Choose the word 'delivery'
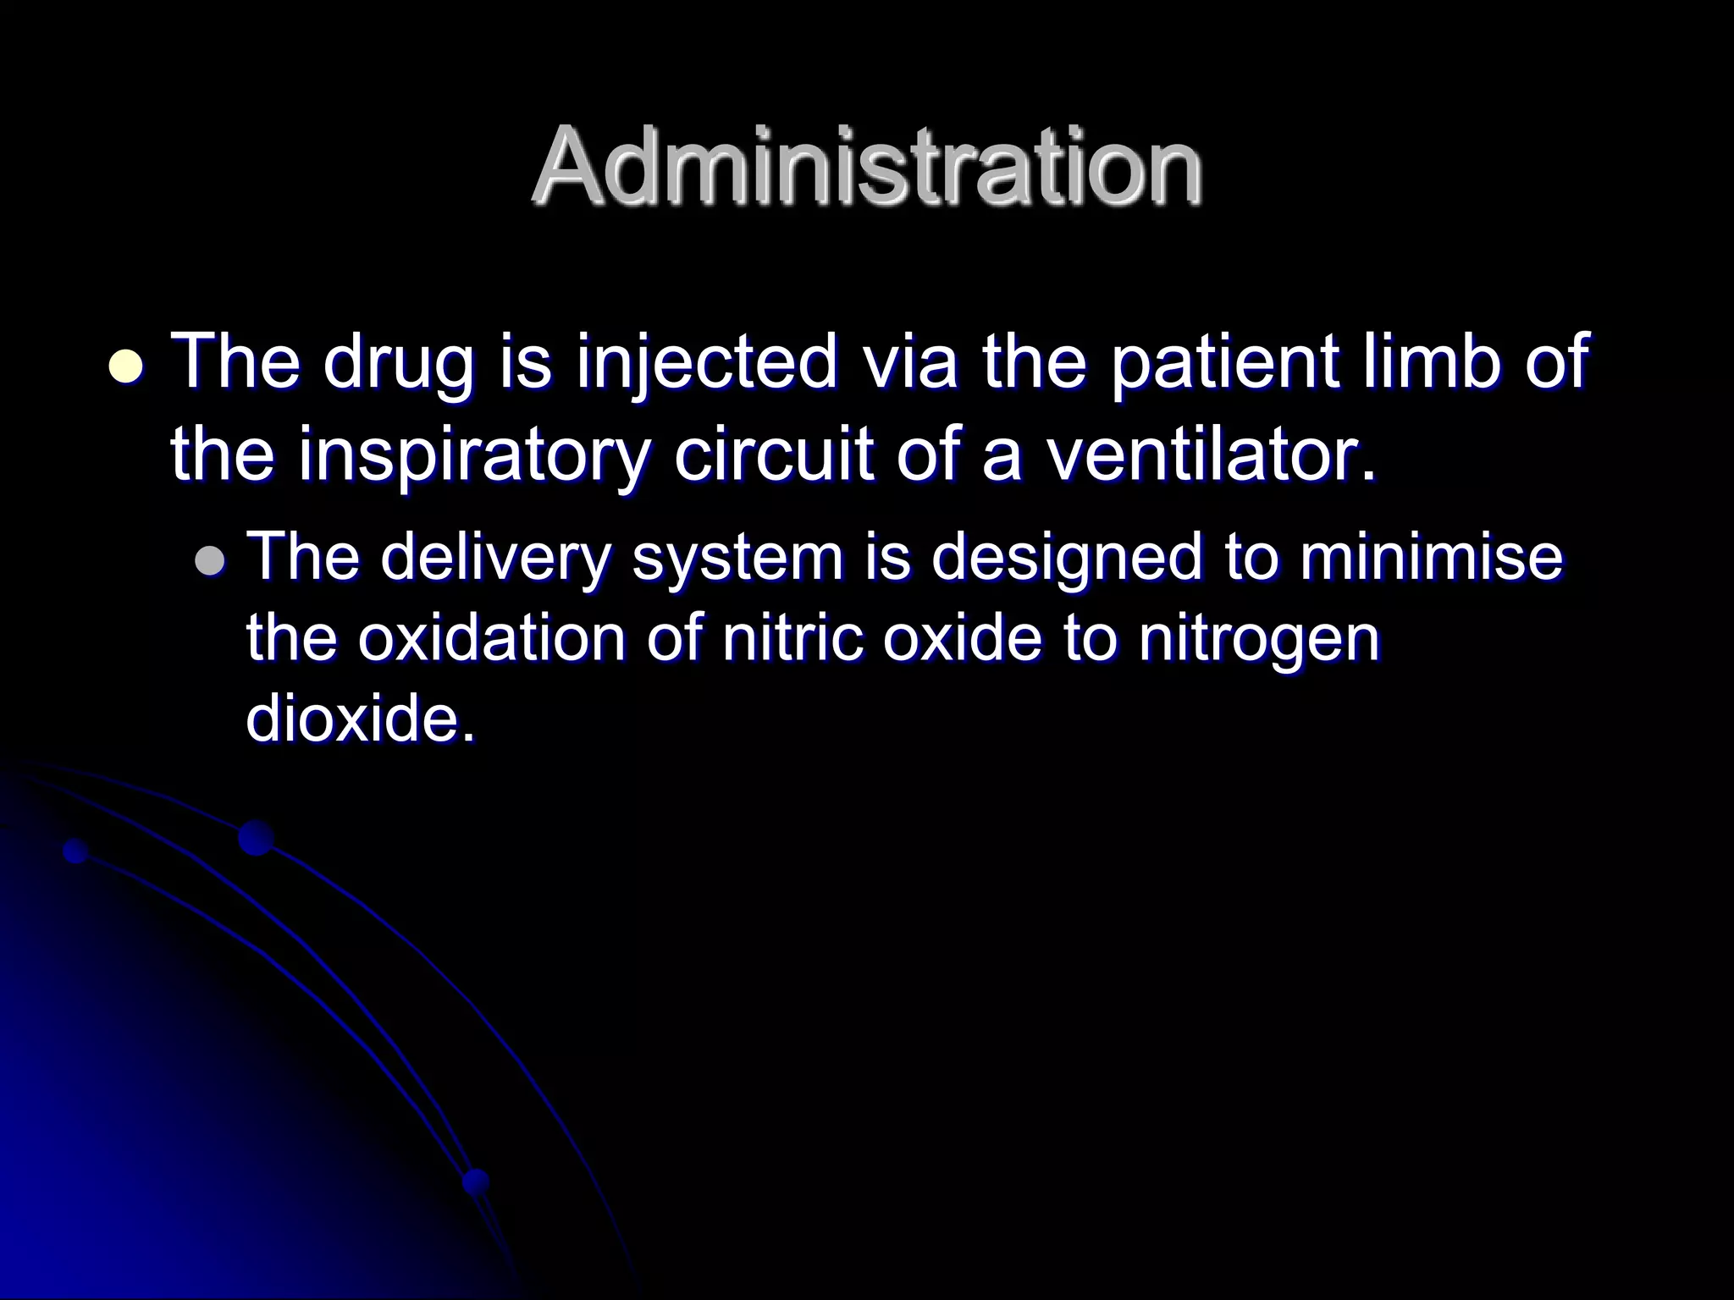click(494, 559)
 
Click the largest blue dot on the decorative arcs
click(256, 838)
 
